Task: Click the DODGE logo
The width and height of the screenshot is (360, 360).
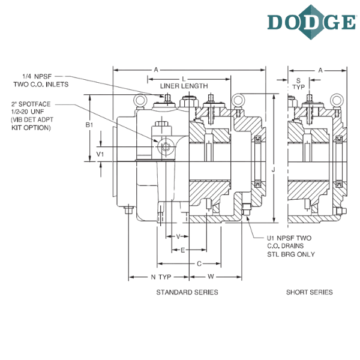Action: [312, 22]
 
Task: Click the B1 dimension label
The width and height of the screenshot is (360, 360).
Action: [89, 125]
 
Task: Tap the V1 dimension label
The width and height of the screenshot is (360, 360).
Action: [100, 154]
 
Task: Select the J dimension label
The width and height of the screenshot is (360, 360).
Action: [273, 170]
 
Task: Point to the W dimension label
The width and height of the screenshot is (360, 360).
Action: [211, 277]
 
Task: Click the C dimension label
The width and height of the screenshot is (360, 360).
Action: [199, 263]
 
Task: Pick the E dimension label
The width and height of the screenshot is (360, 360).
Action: [183, 250]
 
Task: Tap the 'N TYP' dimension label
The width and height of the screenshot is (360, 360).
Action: [161, 277]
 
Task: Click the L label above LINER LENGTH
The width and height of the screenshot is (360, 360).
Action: [184, 79]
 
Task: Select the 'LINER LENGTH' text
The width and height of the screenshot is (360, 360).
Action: [184, 86]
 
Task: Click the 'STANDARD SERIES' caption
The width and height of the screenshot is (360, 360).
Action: [187, 292]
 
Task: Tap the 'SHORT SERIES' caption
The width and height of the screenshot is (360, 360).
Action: [309, 292]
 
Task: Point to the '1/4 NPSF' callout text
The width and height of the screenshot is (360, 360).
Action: [37, 76]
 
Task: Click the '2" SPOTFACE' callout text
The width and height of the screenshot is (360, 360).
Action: [31, 104]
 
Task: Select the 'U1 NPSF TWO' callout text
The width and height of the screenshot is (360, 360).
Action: [289, 238]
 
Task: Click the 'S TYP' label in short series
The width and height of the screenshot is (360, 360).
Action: [298, 84]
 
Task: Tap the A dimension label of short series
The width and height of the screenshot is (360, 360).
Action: [320, 70]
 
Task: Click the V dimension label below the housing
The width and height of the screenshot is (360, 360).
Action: [178, 236]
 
